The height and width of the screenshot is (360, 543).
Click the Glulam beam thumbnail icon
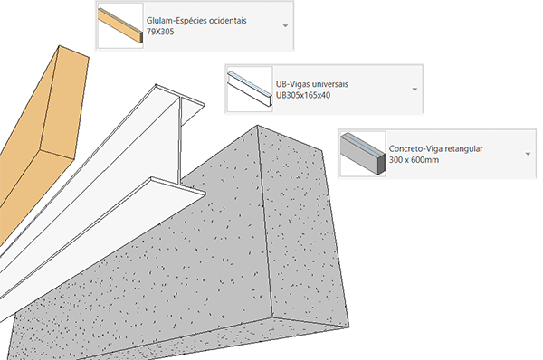119,25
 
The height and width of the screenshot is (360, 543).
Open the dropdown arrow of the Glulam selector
286,24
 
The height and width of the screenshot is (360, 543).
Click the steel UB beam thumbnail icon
248,89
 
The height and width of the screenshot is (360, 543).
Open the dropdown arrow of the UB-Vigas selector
414,89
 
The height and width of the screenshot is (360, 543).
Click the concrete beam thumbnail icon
360,152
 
